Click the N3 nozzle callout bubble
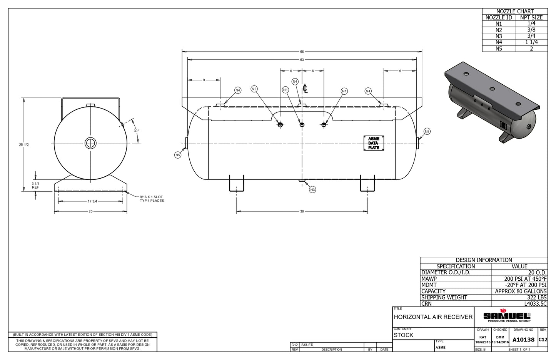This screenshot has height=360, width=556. coord(312,190)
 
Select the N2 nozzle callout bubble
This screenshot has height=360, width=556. coord(254,89)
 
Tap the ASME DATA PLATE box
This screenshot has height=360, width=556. coord(374,143)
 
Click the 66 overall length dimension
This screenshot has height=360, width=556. coord(302,52)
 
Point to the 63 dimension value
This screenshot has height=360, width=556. coord(302,60)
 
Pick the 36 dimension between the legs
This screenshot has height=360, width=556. coord(302,211)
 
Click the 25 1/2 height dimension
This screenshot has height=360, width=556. coord(24,145)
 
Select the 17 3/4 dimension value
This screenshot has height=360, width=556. coord(92,201)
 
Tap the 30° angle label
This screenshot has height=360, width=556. coord(136,131)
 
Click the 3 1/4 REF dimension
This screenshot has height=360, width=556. coord(35,185)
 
